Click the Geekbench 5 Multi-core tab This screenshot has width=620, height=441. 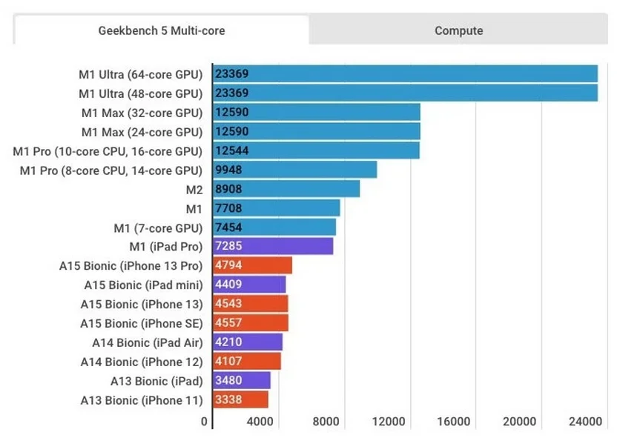point(161,30)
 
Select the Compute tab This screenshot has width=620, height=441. point(458,30)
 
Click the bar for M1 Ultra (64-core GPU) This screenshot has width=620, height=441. point(405,74)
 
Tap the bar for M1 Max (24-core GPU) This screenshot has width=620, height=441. point(317,132)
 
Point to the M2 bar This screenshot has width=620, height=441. point(286,189)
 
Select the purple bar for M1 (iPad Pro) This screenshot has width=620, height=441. point(273,246)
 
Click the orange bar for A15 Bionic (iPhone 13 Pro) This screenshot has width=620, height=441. point(252,265)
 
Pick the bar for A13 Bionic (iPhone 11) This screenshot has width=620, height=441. point(240,400)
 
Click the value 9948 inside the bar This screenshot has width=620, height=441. point(228,170)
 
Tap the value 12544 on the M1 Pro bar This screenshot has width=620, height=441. point(231,151)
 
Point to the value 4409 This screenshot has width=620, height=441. point(228,285)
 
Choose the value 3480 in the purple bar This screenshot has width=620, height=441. point(228,381)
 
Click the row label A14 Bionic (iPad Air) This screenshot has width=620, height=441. point(147,342)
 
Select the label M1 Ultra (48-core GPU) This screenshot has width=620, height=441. point(140,93)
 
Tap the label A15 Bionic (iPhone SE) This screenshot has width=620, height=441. point(141,323)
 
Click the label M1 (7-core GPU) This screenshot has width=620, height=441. point(157,227)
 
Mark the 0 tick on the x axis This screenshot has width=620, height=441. point(205,422)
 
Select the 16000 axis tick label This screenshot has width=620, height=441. point(453,422)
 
